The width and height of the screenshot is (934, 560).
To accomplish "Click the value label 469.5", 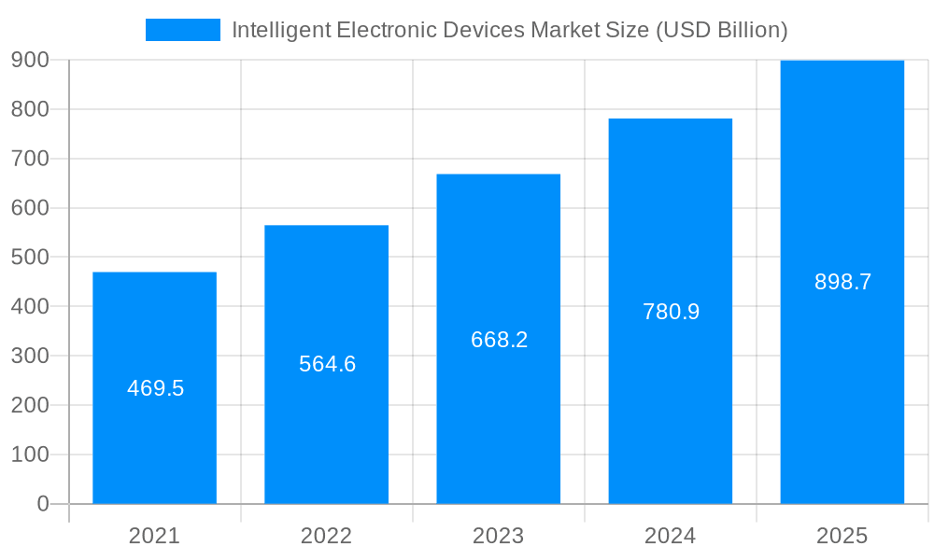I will (155, 388).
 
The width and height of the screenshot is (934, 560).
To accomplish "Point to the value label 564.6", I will (327, 364).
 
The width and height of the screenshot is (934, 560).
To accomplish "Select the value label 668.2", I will (499, 340).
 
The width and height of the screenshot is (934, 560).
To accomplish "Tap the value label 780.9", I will (671, 312).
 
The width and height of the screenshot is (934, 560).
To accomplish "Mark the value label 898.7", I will (842, 282).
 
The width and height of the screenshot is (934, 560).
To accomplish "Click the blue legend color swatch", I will (183, 30).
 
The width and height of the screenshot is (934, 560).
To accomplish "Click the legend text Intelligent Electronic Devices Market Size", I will (509, 30).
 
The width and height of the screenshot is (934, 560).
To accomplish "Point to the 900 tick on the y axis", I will (30, 61).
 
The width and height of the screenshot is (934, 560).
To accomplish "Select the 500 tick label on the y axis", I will (30, 258).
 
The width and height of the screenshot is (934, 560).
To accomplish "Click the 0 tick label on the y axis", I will (42, 504).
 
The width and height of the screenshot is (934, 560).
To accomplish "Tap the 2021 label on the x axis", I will (154, 536).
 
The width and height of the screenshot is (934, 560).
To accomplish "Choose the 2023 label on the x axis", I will (498, 536).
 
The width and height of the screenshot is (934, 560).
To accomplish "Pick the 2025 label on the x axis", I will (842, 536).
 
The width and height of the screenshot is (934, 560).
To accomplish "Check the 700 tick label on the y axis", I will (30, 159).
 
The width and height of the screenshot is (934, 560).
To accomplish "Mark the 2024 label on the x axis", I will (670, 536).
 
